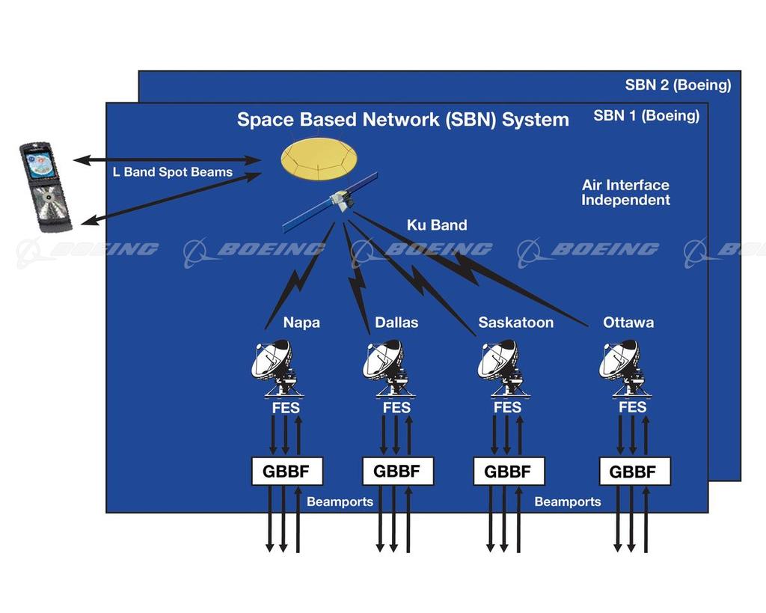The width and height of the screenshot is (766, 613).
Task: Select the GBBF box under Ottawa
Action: (634, 472)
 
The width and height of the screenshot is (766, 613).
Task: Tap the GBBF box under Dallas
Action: (397, 472)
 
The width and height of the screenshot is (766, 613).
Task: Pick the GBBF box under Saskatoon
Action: (509, 472)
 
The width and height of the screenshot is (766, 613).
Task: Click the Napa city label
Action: (301, 323)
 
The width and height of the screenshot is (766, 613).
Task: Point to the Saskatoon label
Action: (516, 323)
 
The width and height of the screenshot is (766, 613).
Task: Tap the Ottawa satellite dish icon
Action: (623, 367)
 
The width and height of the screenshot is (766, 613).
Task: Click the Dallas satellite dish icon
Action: (388, 367)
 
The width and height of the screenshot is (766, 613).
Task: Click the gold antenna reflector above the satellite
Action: (319, 159)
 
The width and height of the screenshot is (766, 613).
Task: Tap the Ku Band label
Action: (437, 225)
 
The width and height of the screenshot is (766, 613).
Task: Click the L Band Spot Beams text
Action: (173, 172)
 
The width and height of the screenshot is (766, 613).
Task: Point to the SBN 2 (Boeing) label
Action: (678, 85)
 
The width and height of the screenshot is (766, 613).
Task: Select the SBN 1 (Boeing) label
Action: (646, 116)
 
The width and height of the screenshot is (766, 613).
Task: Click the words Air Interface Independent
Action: (625, 192)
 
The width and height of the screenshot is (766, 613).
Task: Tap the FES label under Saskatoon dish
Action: (507, 408)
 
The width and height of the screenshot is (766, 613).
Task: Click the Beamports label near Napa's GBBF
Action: (340, 501)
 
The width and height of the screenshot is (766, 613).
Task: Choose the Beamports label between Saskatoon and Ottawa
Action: (568, 501)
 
